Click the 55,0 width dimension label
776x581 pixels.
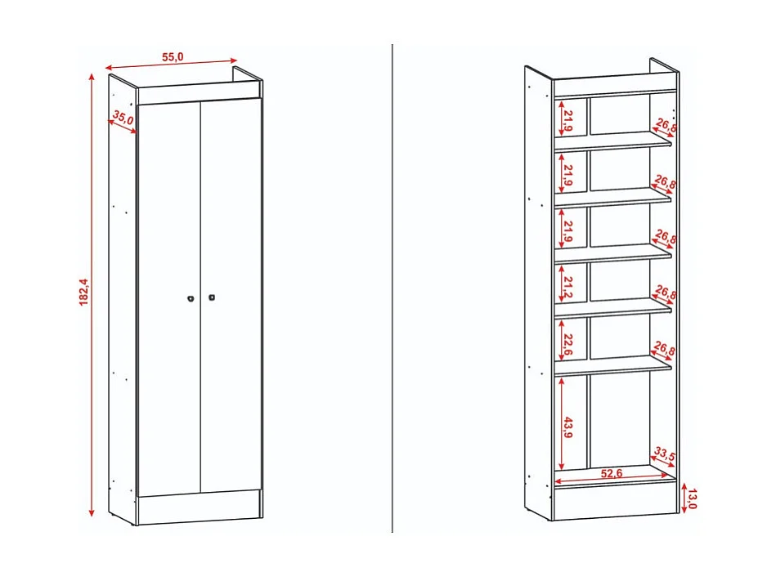(173, 56)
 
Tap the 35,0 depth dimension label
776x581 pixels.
(123, 118)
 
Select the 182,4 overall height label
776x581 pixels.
(83, 293)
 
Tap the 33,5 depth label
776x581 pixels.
(664, 454)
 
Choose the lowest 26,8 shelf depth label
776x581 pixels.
(665, 351)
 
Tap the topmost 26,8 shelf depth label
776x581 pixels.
(665, 126)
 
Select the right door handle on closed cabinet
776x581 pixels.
(211, 297)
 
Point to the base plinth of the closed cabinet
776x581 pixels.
(199, 507)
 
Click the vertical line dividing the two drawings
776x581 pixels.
(392, 286)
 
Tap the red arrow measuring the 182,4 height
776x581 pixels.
(92, 294)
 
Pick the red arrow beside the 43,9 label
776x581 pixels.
(560, 422)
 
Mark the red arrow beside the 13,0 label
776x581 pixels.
(683, 498)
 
